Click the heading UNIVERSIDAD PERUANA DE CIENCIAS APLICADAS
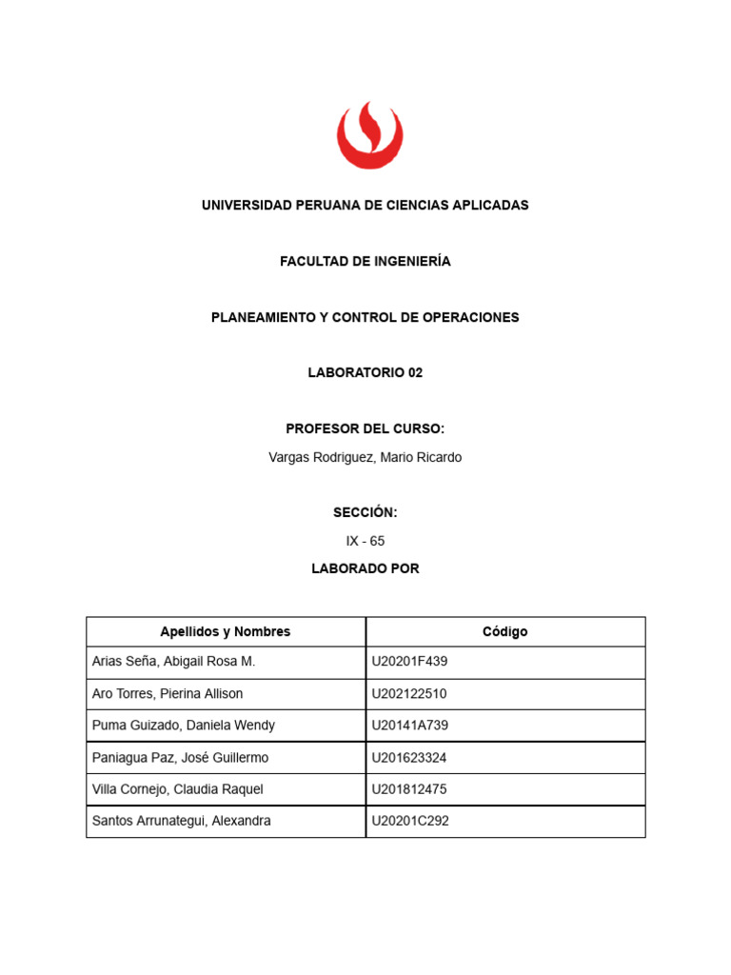tap(365, 206)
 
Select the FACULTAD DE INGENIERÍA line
tap(365, 262)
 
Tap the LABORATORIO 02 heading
tap(365, 373)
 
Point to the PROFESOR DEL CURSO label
tap(365, 429)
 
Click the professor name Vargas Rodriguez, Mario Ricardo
tap(365, 458)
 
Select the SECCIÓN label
tap(365, 513)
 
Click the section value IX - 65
tap(365, 541)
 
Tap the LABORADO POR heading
tap(365, 569)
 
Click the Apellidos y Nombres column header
tap(226, 632)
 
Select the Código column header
tap(504, 632)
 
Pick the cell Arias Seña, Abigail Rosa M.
tap(174, 662)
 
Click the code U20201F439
tap(409, 662)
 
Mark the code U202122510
tap(409, 694)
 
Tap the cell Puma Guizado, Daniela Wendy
tap(184, 726)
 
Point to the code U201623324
tap(409, 758)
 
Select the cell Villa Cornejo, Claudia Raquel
tap(178, 789)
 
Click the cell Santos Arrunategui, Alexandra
tap(182, 821)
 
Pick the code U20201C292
tap(410, 821)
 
